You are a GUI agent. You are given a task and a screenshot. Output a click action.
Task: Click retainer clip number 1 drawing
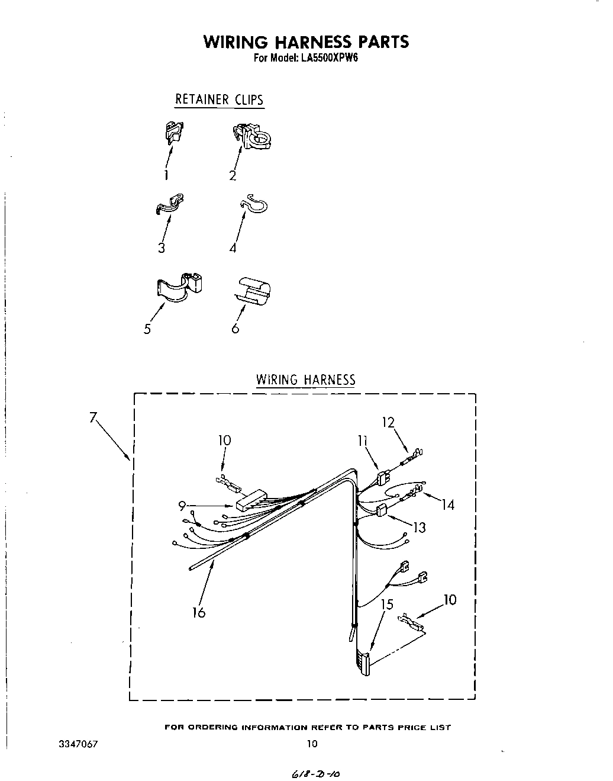click(173, 131)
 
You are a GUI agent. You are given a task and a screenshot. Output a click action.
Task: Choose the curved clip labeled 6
click(253, 291)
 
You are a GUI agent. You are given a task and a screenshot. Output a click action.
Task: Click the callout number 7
click(93, 417)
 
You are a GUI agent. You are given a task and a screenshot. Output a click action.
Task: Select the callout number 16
click(199, 613)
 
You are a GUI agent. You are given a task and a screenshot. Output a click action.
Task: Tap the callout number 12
click(388, 423)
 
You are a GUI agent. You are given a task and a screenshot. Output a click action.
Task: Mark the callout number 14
click(448, 504)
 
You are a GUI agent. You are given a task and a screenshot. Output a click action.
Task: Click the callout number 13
click(419, 526)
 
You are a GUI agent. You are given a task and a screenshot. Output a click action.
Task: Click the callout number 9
click(182, 505)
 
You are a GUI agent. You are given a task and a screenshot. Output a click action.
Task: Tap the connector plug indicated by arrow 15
click(363, 664)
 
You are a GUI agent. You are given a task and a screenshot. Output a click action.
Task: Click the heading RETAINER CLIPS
click(219, 99)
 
